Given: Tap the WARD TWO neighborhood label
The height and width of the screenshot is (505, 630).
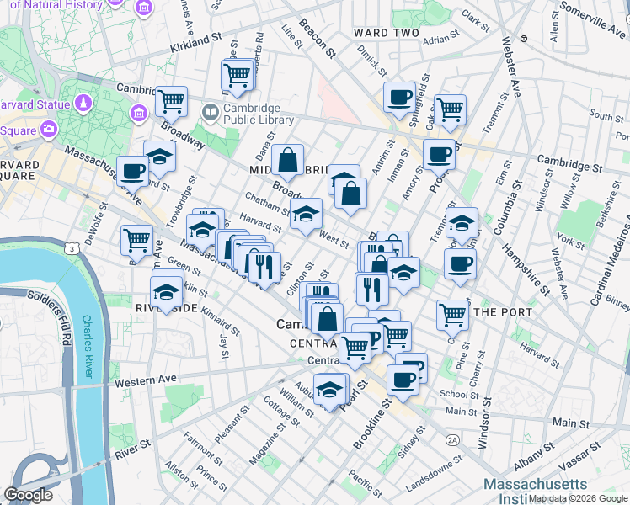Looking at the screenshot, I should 386,33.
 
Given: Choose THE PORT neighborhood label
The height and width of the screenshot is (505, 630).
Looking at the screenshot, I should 504,312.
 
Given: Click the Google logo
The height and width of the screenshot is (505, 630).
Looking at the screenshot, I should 28,495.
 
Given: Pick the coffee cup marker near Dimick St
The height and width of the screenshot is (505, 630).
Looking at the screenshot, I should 399,96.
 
